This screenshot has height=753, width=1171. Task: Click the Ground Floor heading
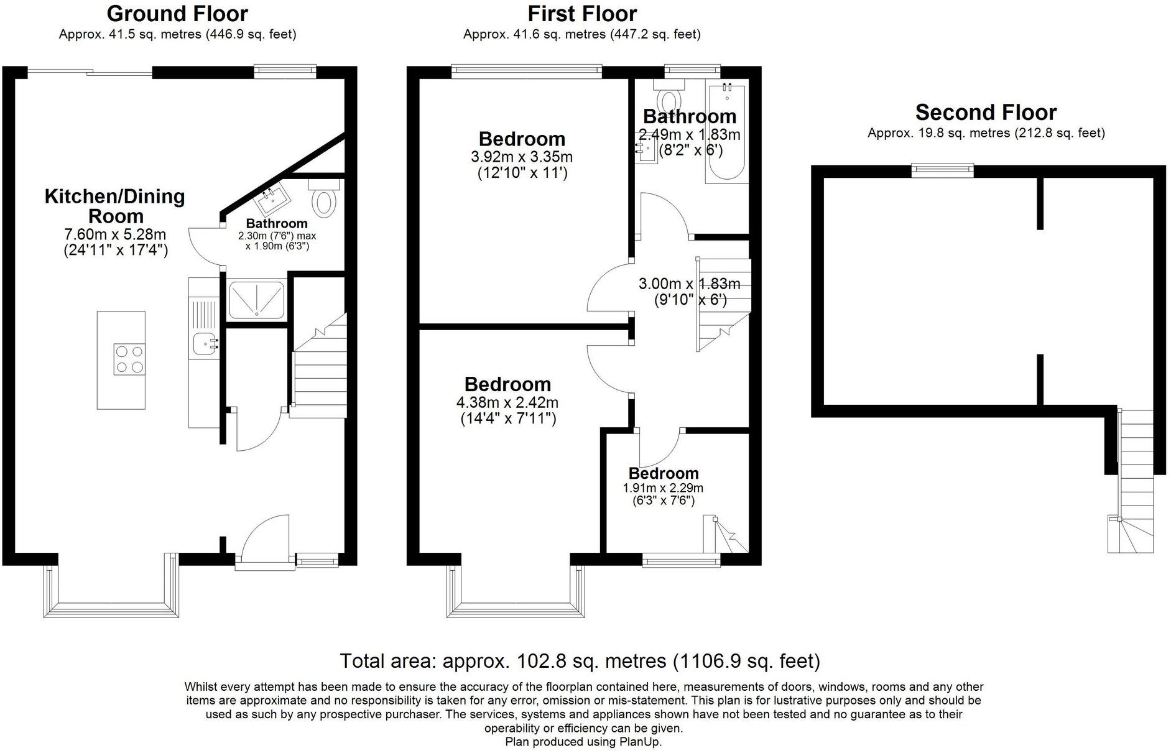[177, 13]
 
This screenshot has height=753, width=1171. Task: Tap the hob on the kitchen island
[129, 359]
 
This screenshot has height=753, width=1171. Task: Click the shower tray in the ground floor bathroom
[256, 299]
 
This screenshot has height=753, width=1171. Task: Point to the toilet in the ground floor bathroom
[324, 198]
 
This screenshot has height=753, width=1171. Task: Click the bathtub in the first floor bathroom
[725, 133]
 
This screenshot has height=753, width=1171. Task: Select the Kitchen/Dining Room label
[115, 206]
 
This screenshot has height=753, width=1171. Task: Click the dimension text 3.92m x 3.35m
[522, 157]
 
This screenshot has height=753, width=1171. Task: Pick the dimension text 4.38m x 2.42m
[507, 402]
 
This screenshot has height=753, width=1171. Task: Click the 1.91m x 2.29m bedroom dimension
[663, 488]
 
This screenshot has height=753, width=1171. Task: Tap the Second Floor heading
[986, 113]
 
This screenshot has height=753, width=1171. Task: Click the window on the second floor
[942, 169]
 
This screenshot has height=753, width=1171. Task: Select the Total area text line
[580, 660]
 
